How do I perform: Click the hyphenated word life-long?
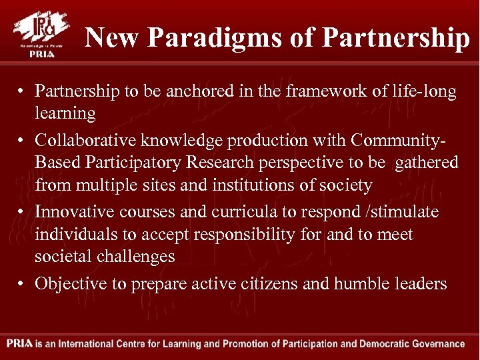coord(424,92)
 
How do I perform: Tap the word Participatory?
coord(134,163)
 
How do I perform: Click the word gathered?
coord(427,163)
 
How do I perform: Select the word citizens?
coord(267,284)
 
